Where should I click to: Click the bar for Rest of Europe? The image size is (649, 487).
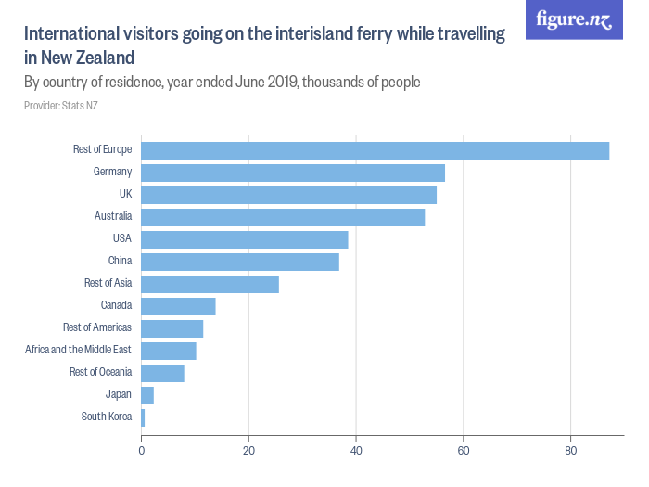pyautogui.click(x=375, y=150)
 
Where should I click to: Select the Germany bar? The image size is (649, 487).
pyautogui.click(x=293, y=173)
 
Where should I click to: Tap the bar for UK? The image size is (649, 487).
pyautogui.click(x=288, y=195)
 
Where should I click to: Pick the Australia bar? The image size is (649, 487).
pyautogui.click(x=283, y=217)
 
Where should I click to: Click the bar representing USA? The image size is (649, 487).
pyautogui.click(x=245, y=239)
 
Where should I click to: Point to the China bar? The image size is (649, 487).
pyautogui.click(x=240, y=262)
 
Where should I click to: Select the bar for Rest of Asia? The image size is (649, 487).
pyautogui.click(x=210, y=284)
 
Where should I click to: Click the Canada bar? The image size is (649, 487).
pyautogui.click(x=178, y=306)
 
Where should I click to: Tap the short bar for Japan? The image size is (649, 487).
pyautogui.click(x=147, y=395)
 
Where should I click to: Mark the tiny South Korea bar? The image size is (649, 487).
pyautogui.click(x=143, y=417)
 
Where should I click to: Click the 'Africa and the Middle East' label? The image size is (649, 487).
pyautogui.click(x=78, y=350)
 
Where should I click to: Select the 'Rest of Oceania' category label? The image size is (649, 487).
pyautogui.click(x=100, y=372)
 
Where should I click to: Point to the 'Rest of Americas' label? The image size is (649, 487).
pyautogui.click(x=96, y=327)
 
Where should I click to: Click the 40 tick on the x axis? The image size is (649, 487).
pyautogui.click(x=356, y=451)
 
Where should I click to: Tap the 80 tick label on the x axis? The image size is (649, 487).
pyautogui.click(x=571, y=451)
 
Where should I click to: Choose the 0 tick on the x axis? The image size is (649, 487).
pyautogui.click(x=141, y=451)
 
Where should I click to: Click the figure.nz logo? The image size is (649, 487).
pyautogui.click(x=574, y=20)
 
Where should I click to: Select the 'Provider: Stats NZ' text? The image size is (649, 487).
pyautogui.click(x=60, y=106)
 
